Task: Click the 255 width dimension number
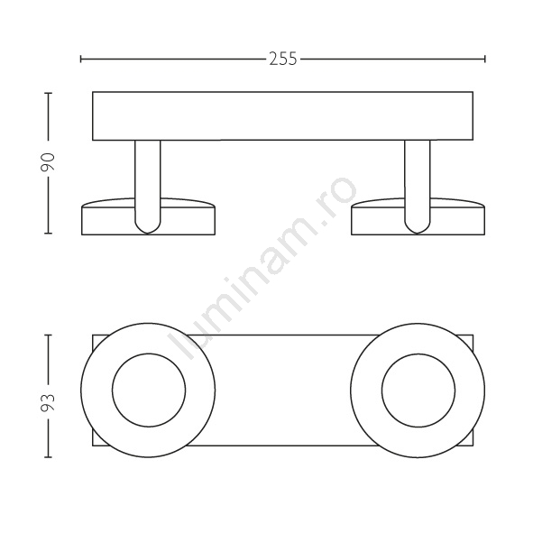click(x=283, y=59)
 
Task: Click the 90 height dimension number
click(x=48, y=161)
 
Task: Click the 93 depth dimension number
click(x=48, y=402)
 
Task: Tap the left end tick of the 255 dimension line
click(x=81, y=60)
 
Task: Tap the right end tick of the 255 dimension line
click(x=484, y=60)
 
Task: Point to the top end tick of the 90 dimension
click(x=48, y=93)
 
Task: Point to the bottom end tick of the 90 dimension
click(x=48, y=234)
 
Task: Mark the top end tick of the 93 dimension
click(x=48, y=335)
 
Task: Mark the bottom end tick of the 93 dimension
click(x=48, y=457)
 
